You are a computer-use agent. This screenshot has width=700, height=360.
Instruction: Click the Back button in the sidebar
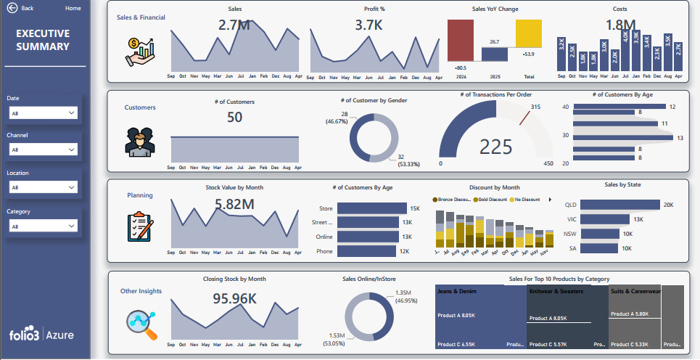(x=20, y=8)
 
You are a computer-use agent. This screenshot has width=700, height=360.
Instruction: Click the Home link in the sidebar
(x=73, y=8)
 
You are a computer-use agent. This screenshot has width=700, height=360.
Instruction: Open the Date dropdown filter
(x=44, y=112)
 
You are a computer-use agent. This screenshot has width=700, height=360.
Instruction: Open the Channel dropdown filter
(x=44, y=150)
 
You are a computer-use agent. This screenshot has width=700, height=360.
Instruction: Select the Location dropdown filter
(x=44, y=187)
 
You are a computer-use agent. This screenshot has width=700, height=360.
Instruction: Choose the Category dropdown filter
(x=44, y=226)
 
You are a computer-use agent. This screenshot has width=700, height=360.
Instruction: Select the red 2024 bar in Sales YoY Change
(x=461, y=41)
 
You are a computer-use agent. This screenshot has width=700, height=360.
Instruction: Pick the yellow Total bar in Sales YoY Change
(x=529, y=33)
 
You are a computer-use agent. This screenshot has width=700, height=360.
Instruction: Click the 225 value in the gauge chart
(x=496, y=147)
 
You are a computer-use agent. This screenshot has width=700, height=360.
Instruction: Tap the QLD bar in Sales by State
(x=617, y=205)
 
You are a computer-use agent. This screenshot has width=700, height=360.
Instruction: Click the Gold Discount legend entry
(x=492, y=199)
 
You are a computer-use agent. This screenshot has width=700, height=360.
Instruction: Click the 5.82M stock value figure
(x=234, y=205)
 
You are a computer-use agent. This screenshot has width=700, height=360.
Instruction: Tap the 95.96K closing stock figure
(x=234, y=298)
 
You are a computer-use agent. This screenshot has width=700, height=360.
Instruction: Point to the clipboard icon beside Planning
(x=140, y=226)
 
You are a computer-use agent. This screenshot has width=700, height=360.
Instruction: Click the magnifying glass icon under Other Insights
(x=141, y=324)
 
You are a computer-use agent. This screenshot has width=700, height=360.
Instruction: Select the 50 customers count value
(x=234, y=117)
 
